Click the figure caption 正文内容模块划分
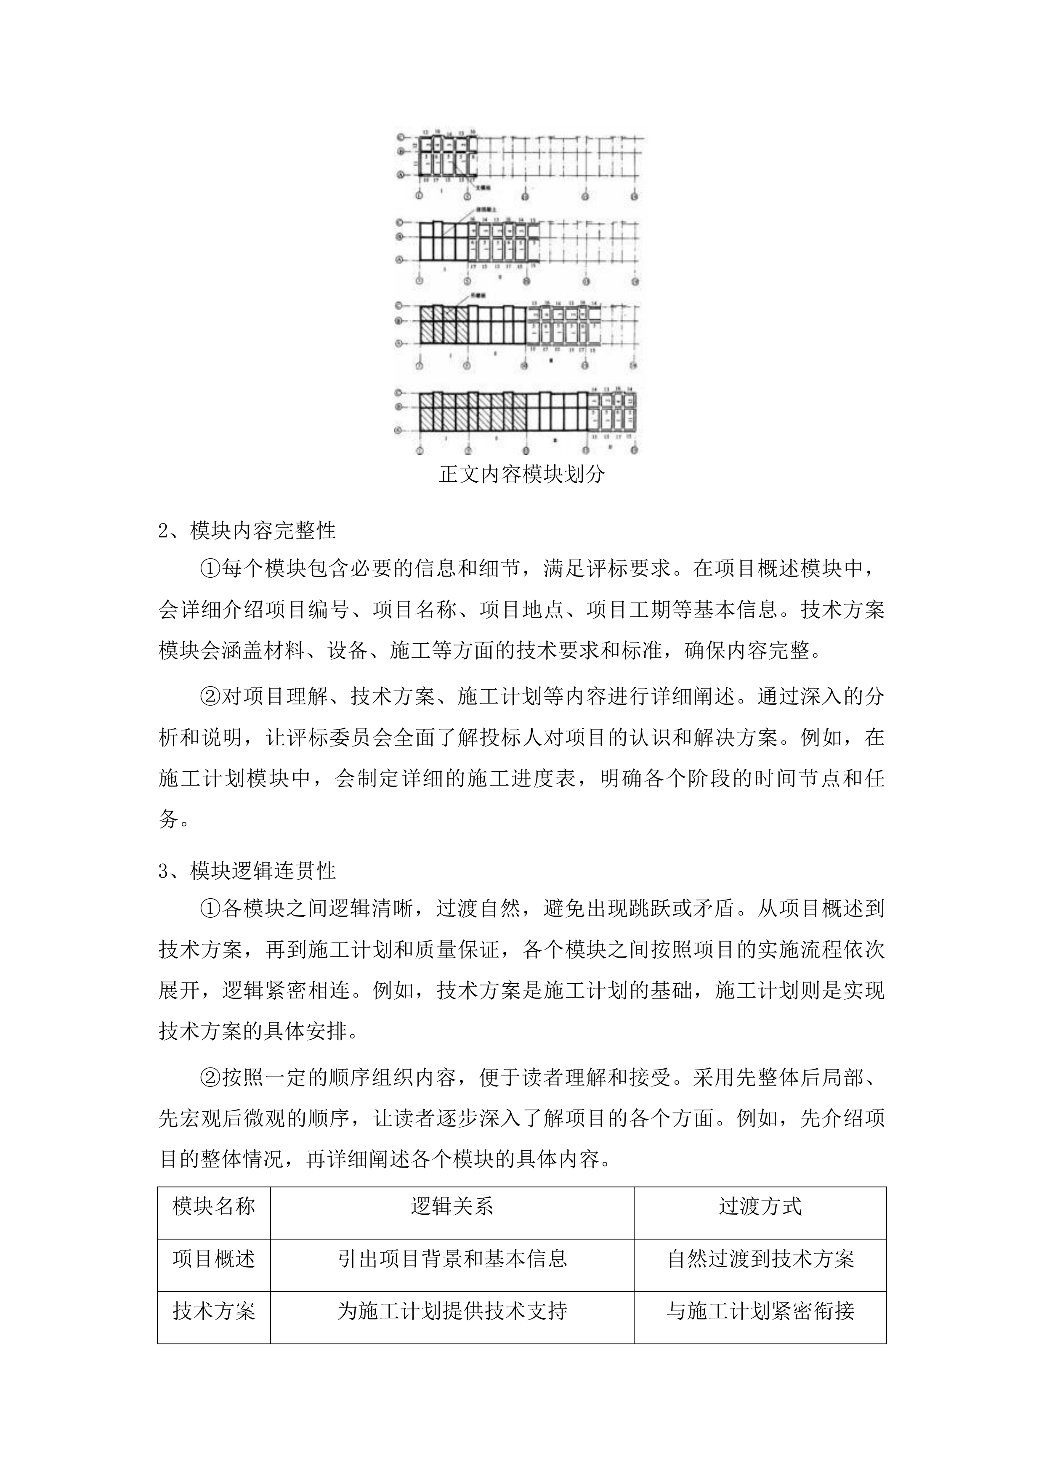521,475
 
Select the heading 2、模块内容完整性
247,530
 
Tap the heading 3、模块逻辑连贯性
247,871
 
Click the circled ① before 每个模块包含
211,568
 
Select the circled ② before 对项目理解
211,696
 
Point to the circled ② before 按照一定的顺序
211,1078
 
